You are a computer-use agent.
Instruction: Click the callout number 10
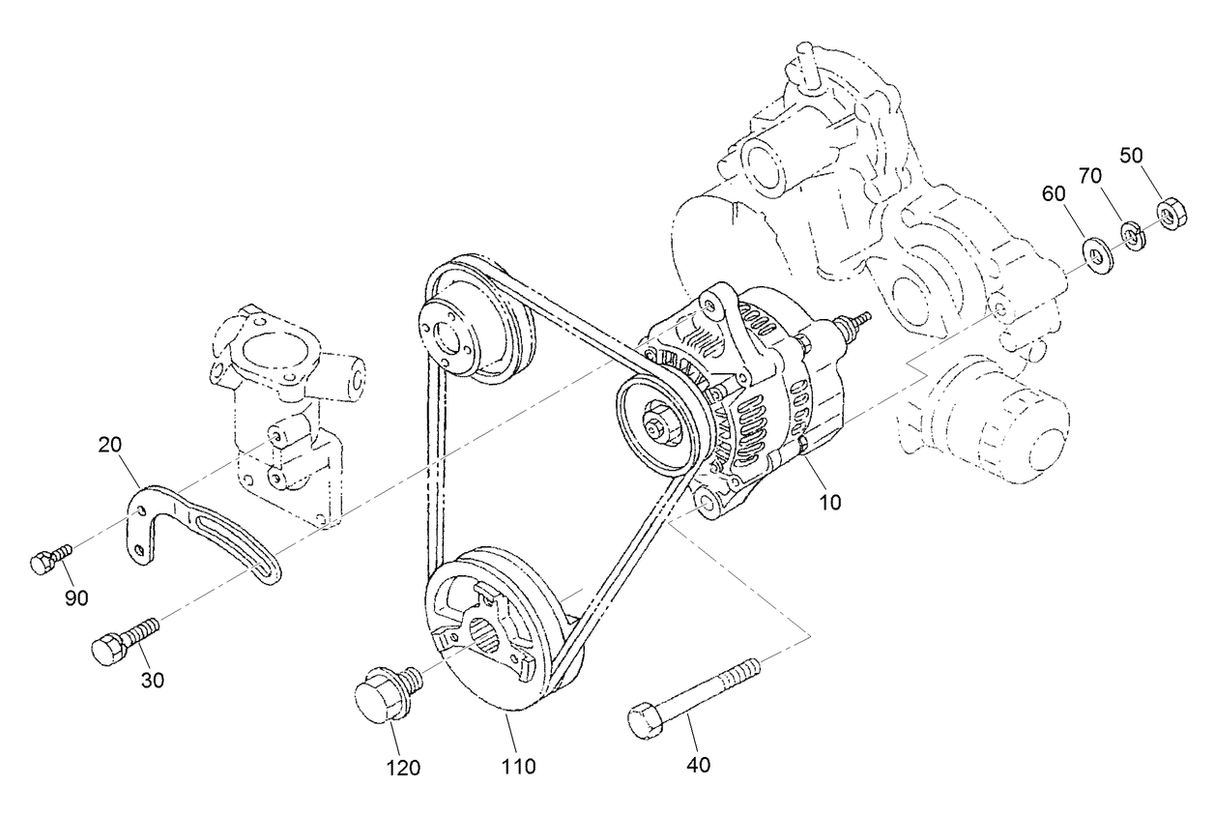click(x=830, y=502)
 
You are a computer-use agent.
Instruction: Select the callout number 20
click(x=109, y=445)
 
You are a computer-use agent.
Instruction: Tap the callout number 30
click(x=152, y=680)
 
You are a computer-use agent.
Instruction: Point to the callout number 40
click(x=698, y=765)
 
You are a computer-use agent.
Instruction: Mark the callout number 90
click(x=76, y=597)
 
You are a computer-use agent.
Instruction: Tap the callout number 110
click(x=518, y=767)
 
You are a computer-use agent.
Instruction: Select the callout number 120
click(x=404, y=768)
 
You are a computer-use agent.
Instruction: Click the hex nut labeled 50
click(x=1171, y=213)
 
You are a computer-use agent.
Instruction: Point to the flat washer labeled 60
click(x=1096, y=255)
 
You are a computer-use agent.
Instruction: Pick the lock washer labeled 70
click(x=1132, y=236)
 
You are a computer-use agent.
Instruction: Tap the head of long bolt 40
click(x=645, y=722)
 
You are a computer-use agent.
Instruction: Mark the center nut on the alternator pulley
click(x=660, y=424)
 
